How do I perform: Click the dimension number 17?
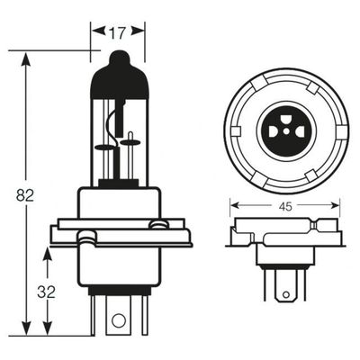coord(117,32)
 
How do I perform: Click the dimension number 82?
coord(25,196)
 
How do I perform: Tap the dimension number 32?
coord(47,292)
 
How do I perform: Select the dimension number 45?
coord(285,206)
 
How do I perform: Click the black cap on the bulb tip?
coord(120,75)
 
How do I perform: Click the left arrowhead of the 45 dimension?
coord(235,205)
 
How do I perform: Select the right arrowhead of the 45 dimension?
coord(335,205)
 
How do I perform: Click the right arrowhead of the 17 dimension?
coord(138,31)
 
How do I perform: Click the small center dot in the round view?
coord(287,131)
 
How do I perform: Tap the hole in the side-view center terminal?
coord(118,319)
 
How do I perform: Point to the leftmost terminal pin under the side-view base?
coord(93,315)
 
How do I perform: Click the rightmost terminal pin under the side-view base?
coord(146,315)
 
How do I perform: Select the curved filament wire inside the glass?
coord(112,128)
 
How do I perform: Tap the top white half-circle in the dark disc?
coord(287,118)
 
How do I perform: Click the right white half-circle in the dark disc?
coord(300,131)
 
